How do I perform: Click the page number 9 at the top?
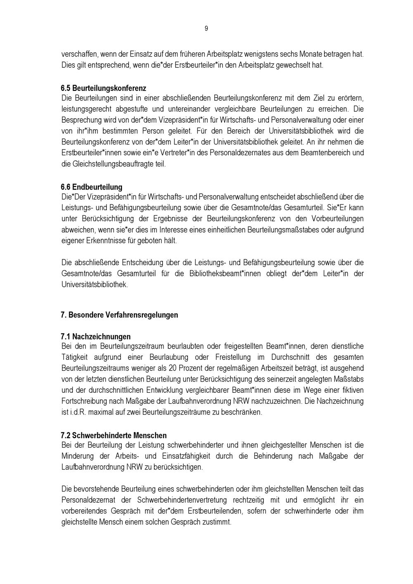(206, 28)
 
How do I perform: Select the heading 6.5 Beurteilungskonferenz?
(103, 88)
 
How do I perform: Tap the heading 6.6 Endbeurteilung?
(91, 187)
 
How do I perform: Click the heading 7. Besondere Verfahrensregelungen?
(119, 315)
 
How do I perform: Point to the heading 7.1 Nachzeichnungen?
(95, 336)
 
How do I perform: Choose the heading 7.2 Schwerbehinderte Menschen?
(114, 435)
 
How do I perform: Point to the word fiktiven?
(351, 390)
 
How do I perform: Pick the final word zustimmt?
(216, 522)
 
